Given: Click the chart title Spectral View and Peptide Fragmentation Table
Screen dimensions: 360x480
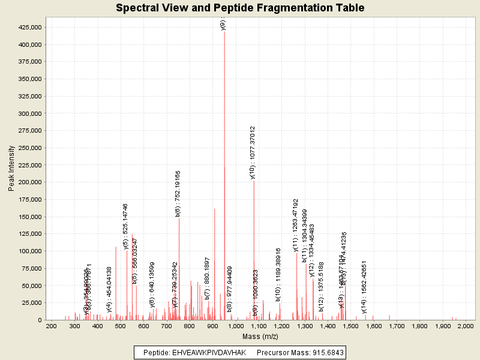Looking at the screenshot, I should point(240,8).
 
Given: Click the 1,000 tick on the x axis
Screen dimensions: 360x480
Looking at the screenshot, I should point(236,326).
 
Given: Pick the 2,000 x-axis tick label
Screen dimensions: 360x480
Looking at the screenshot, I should point(466,326).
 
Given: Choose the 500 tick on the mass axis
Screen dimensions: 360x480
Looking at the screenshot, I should point(121,326).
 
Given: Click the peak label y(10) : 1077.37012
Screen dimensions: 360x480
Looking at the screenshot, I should point(253,152).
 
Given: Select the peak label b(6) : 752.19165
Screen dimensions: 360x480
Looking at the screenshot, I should point(178,193).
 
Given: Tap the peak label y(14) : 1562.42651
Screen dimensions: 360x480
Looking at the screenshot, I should point(364,287).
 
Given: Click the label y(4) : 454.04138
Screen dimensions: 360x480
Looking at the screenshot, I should point(109,290).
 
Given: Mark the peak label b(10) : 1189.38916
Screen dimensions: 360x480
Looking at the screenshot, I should point(278,275).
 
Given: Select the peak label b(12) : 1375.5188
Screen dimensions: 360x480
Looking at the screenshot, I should point(322,287).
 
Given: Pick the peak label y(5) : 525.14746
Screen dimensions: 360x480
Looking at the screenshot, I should point(125,226).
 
